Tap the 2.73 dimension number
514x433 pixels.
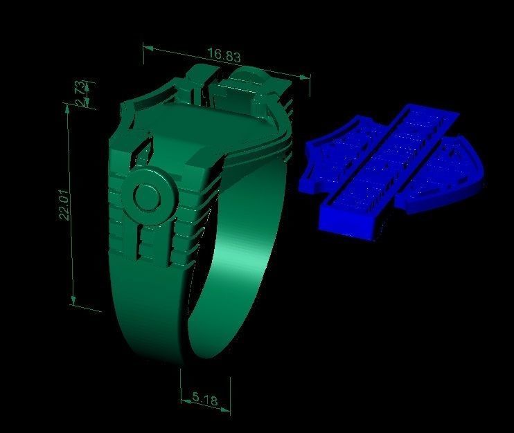81,94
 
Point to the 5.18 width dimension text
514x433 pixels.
206,398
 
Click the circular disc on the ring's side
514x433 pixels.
147,198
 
